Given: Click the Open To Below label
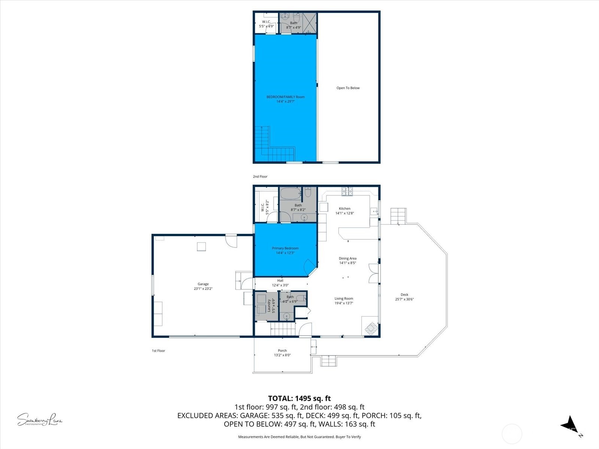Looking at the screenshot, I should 348,88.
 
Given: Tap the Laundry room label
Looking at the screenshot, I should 269,305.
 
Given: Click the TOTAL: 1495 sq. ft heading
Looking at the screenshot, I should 299,398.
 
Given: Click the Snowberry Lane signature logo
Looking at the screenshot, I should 39,419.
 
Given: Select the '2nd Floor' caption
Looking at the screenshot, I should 260,177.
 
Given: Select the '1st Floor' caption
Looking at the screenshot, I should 158,351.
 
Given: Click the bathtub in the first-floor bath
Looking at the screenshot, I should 290,194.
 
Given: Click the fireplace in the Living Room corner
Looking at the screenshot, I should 371,328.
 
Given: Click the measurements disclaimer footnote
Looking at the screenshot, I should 299,437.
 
